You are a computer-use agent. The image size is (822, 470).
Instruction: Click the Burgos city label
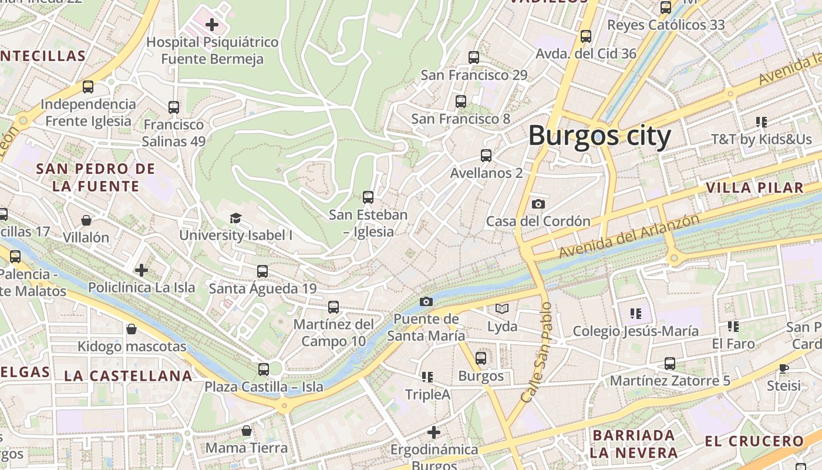click(599, 136)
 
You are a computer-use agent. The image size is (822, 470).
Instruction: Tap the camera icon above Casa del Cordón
click(538, 204)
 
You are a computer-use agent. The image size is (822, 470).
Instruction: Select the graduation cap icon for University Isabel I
click(235, 219)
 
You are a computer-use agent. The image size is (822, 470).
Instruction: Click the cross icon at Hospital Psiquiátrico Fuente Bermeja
click(212, 25)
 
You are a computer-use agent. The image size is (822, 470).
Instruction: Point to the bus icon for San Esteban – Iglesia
click(368, 197)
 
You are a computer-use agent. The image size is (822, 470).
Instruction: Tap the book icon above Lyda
click(502, 308)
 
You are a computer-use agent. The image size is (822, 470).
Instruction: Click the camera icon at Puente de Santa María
click(426, 302)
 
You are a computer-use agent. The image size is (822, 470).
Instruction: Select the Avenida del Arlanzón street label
click(629, 236)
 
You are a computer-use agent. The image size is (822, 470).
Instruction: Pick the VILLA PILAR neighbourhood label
click(754, 188)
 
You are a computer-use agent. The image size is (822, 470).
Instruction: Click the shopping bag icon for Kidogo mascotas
click(132, 329)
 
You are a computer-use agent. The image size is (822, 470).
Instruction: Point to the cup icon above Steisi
click(783, 368)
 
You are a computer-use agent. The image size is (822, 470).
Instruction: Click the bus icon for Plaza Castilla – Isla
click(264, 370)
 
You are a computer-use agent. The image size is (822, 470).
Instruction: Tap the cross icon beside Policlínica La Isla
click(142, 270)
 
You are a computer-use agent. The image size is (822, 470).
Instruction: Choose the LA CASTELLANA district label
click(128, 376)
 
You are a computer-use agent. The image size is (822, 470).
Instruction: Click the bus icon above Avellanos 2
click(486, 156)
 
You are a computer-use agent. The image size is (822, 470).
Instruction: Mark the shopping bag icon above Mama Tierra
click(247, 431)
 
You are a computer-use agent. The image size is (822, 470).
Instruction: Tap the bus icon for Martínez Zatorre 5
click(670, 364)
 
